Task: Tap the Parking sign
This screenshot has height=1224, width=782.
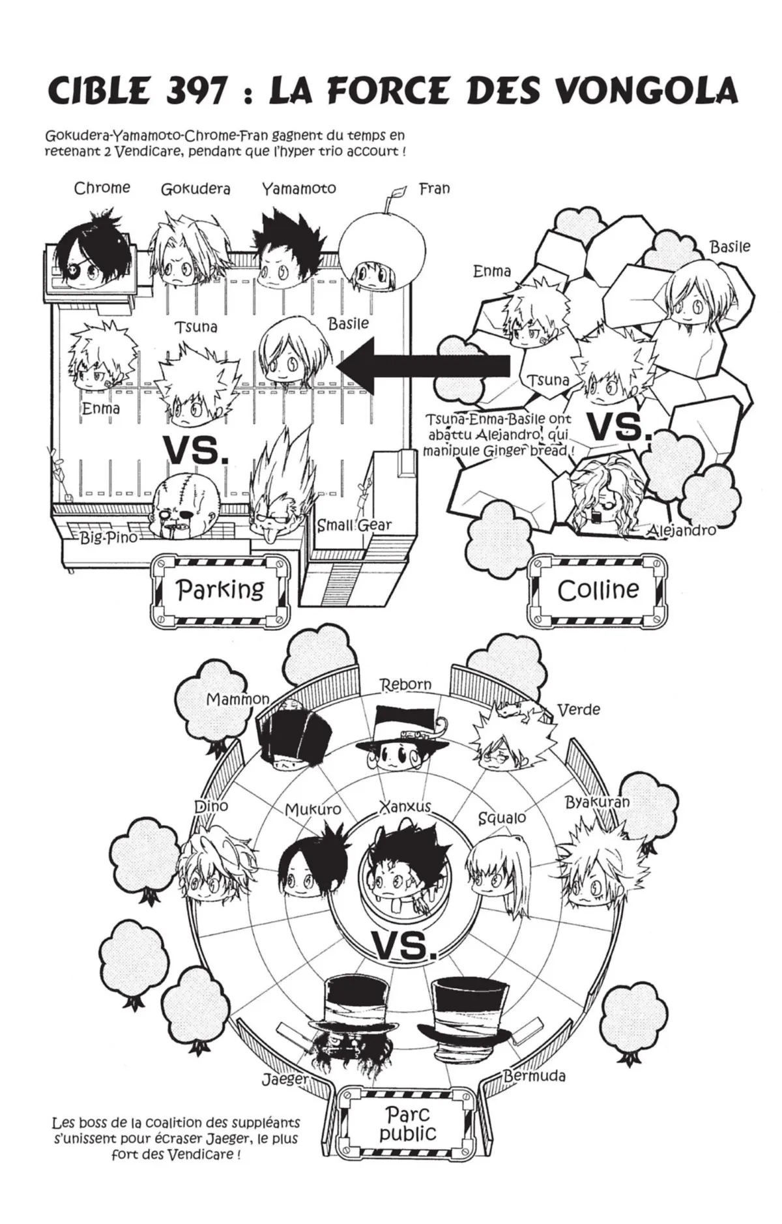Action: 220,590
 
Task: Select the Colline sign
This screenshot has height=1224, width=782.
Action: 598,590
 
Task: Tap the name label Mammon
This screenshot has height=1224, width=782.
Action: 237,699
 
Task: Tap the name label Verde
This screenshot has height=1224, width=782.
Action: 579,709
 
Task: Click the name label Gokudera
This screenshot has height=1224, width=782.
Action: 195,190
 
